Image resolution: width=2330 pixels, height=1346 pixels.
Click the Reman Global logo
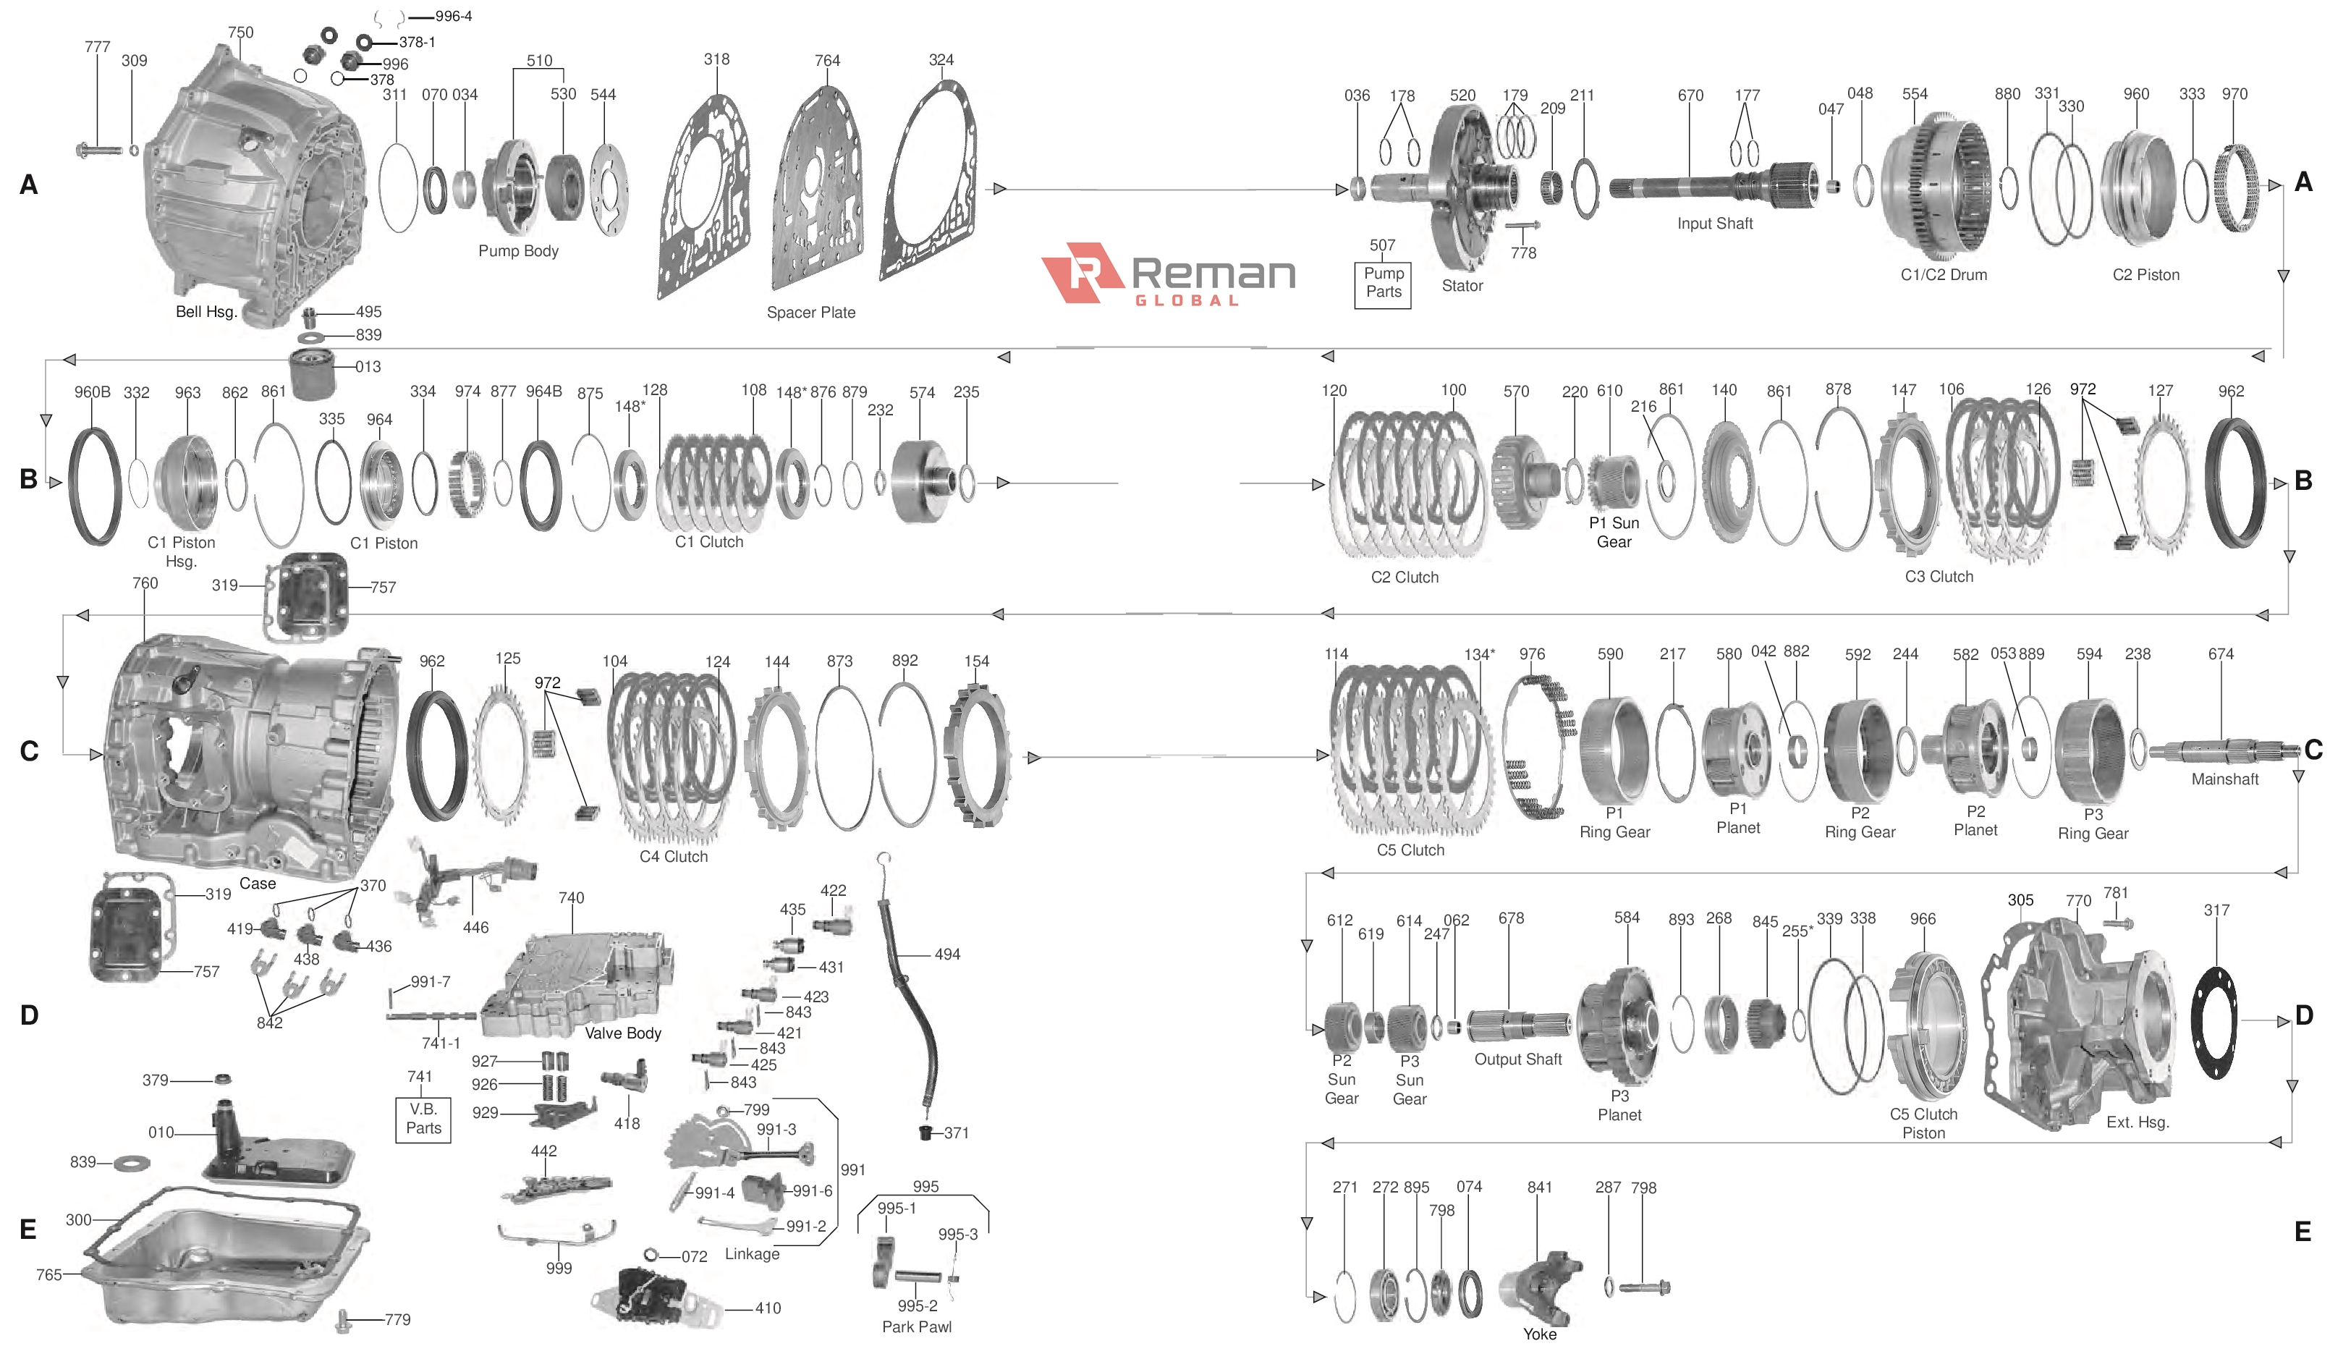(1168, 274)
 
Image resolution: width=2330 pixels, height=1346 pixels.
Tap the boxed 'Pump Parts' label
(1382, 283)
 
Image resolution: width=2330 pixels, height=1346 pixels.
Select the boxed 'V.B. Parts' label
(423, 1119)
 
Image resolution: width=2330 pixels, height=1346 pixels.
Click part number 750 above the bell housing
(240, 33)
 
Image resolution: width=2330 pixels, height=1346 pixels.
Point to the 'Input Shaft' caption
(1713, 224)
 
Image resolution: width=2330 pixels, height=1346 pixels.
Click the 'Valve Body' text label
(622, 1033)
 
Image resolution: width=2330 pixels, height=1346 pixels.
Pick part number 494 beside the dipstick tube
(946, 954)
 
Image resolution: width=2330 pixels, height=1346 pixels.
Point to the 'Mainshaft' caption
(2224, 779)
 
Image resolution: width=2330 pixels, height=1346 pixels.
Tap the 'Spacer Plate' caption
(810, 313)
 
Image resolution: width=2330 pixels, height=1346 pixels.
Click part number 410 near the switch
(767, 1308)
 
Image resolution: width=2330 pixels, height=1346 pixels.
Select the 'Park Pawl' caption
(916, 1326)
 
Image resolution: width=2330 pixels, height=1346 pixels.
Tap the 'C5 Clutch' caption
(1410, 850)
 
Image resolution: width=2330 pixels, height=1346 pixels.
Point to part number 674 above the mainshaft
(2220, 654)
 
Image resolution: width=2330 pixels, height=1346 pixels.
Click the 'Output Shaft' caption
(1517, 1059)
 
